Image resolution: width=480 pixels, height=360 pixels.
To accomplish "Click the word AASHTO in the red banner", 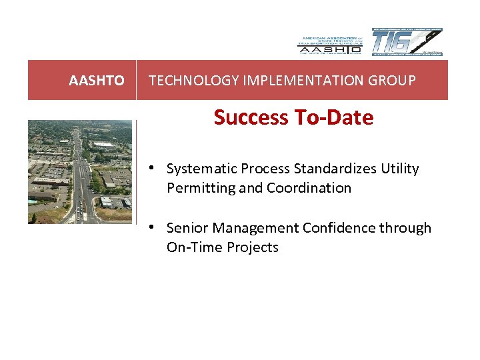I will (96, 81).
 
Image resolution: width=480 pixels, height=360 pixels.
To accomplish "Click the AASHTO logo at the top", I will (329, 43).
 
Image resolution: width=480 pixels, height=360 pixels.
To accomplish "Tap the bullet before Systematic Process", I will (153, 167).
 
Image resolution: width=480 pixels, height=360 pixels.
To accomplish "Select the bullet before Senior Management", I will (153, 227).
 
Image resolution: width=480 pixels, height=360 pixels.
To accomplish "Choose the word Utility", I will (400, 169).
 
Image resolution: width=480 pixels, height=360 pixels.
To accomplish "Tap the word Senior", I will (186, 228).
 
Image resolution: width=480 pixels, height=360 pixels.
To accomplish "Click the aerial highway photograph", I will (80, 171).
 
